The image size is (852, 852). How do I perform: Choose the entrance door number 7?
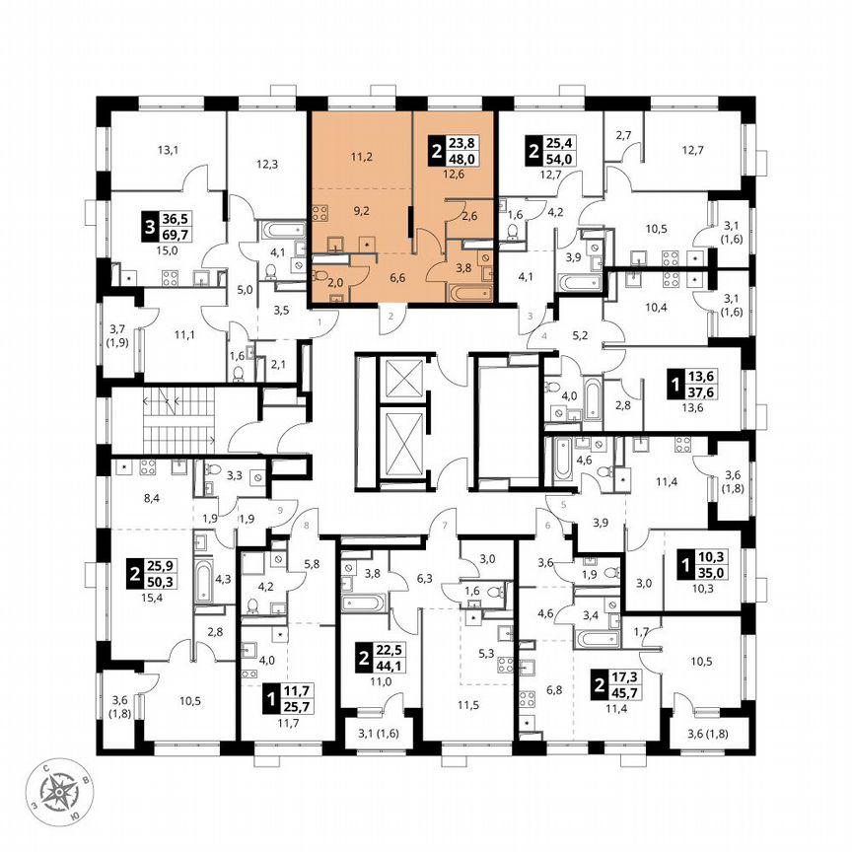(445, 524)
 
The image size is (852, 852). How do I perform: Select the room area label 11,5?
(467, 706)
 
